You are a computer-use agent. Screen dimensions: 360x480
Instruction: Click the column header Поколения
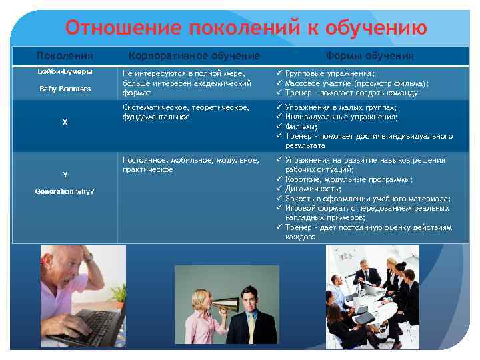coord(65,56)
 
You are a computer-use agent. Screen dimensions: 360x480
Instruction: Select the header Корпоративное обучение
coord(194,56)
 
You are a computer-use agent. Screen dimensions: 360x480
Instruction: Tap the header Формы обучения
coord(370,56)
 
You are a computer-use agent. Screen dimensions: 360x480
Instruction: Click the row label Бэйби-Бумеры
coord(65,71)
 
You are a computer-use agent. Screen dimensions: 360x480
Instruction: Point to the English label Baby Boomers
coord(65,89)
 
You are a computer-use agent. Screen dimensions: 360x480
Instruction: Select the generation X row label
coord(65,122)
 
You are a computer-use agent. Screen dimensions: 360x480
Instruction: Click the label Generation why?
coord(65,192)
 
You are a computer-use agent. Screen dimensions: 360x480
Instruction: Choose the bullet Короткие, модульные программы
coord(349,179)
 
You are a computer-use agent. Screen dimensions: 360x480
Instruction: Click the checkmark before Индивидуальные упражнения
coord(279,117)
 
